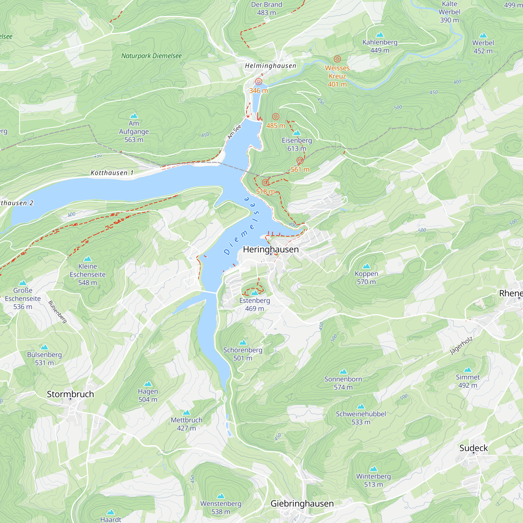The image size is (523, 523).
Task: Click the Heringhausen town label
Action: (x=271, y=249)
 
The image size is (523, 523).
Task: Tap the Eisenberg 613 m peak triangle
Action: (x=297, y=133)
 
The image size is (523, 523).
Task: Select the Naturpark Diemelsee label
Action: (x=151, y=56)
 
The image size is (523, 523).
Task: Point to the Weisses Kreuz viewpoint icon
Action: (x=337, y=59)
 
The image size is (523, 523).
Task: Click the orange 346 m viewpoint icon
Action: (x=259, y=82)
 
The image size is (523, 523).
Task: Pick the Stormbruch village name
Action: (x=70, y=394)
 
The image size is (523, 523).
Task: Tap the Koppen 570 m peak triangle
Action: (x=366, y=266)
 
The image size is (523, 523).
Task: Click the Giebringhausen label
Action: (x=302, y=503)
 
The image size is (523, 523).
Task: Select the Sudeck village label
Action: (x=474, y=448)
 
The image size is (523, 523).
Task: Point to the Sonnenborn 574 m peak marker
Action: (x=343, y=371)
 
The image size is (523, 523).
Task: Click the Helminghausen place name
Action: (x=270, y=66)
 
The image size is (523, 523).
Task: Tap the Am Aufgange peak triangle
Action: (x=134, y=116)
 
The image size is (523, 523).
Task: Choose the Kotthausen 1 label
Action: (x=112, y=173)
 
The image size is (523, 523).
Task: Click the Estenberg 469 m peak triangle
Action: (x=254, y=293)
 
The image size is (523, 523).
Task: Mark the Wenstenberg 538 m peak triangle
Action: (x=221, y=496)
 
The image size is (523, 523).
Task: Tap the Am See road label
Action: (x=234, y=132)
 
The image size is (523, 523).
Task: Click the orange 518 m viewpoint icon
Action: (x=265, y=183)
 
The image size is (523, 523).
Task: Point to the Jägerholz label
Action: (x=461, y=346)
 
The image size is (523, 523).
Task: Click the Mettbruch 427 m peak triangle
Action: (x=186, y=413)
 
